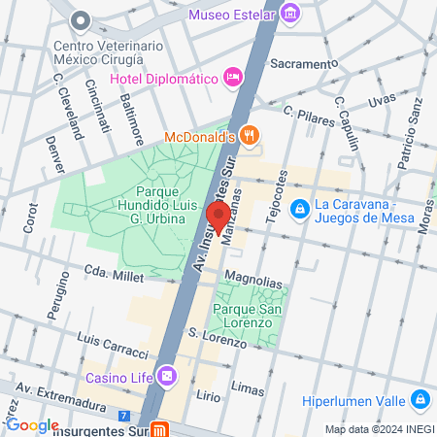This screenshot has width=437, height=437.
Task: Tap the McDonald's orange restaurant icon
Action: point(250,137)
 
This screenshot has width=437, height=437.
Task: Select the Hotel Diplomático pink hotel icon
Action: point(232,77)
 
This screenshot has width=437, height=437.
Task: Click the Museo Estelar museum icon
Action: point(288,14)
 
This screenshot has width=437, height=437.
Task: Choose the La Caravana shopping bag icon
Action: point(301,208)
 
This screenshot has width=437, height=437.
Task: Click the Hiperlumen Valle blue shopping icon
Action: point(420,399)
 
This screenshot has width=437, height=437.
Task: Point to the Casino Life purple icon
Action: point(168,375)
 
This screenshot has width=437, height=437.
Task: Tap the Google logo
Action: point(31,425)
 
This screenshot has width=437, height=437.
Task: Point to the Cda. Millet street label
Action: point(114,277)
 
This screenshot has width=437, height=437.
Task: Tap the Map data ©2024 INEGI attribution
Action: point(379,429)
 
